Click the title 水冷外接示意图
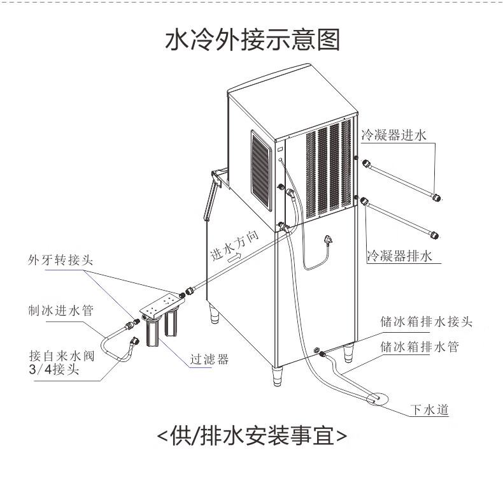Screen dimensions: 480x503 (252, 40)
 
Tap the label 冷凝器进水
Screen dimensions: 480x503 (397, 135)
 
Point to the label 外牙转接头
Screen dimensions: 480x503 (60, 261)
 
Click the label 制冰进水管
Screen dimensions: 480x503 (62, 311)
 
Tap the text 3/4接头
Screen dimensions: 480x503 (54, 369)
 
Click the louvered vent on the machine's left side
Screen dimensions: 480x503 (261, 167)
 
